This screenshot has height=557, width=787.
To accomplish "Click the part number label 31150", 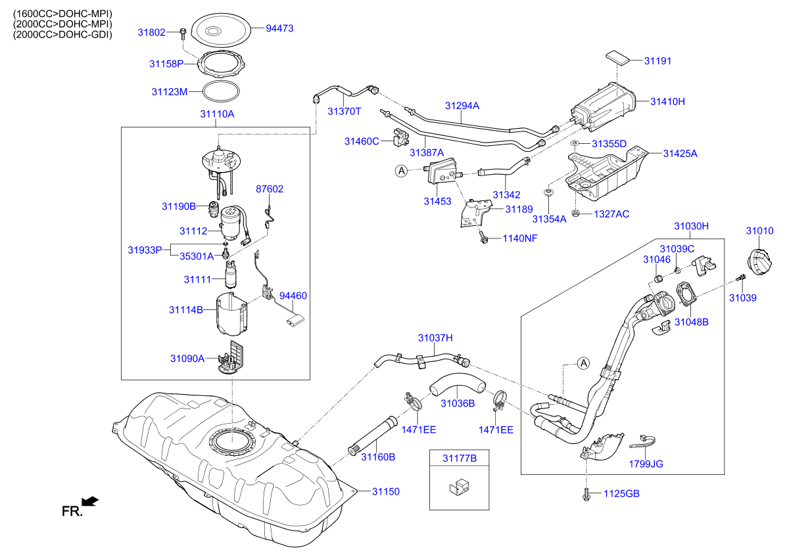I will tap(386, 491).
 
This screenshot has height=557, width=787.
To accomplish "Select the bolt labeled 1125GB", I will tap(584, 494).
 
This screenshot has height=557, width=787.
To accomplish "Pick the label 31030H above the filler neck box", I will tap(691, 226).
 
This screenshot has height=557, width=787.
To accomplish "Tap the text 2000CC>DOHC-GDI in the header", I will tap(63, 34).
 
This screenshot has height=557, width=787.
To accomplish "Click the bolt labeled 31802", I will tap(182, 32).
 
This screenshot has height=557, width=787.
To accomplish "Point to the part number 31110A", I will tap(217, 114).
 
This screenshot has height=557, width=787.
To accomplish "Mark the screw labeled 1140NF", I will tap(483, 238).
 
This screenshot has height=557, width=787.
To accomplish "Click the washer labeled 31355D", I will tap(575, 143).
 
